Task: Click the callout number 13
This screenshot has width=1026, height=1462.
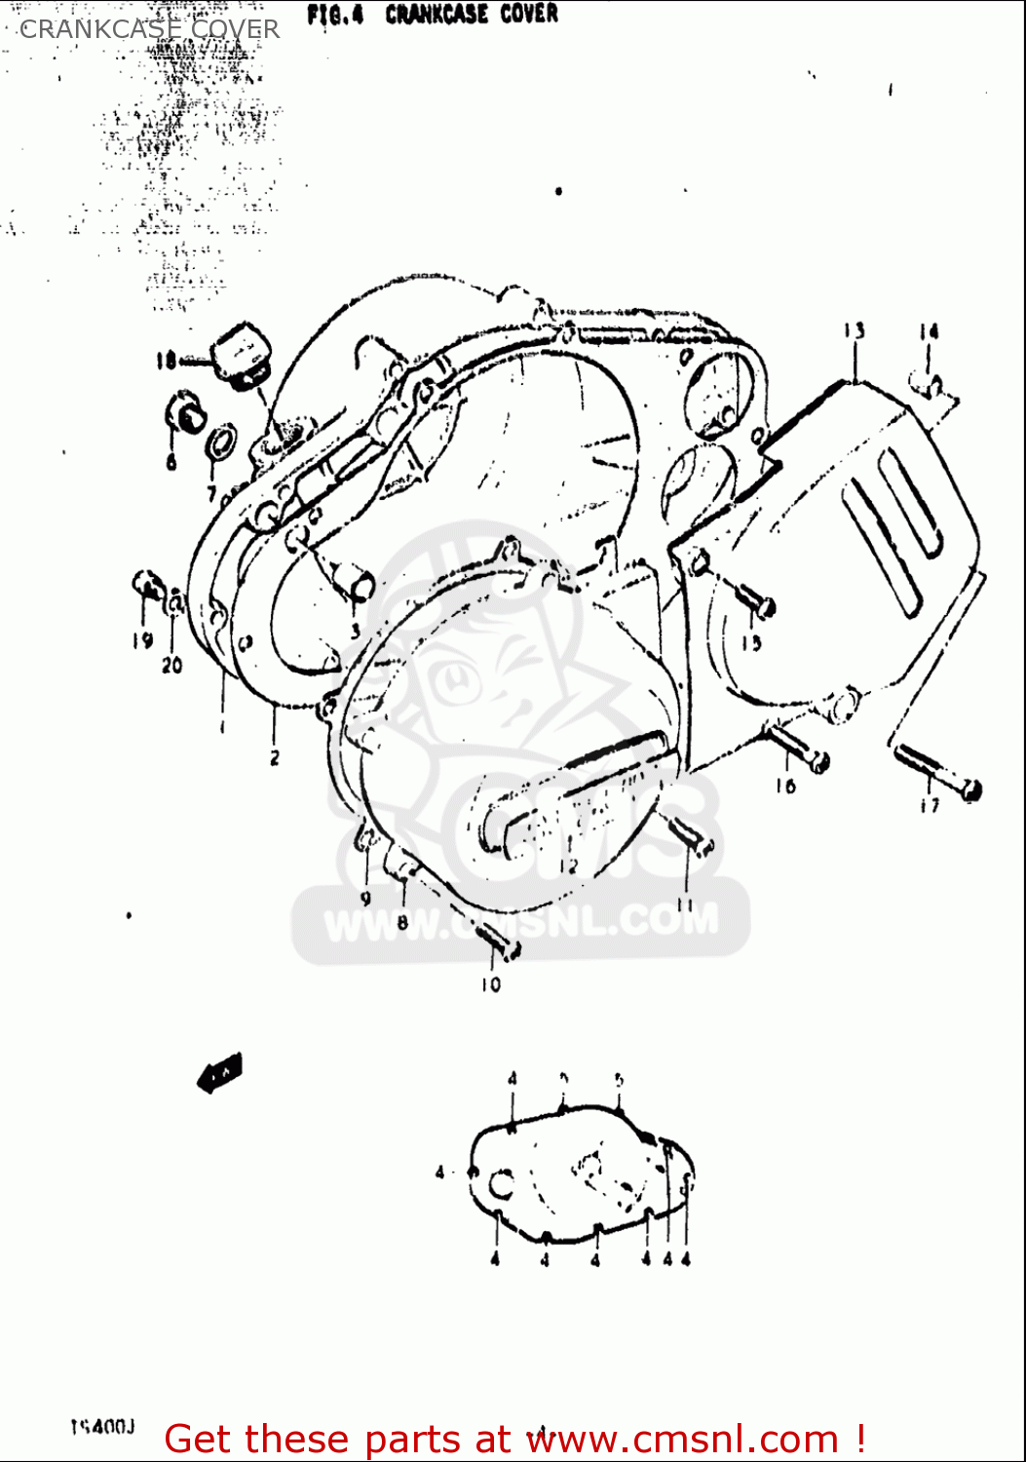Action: [855, 331]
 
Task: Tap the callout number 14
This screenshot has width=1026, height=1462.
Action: [929, 332]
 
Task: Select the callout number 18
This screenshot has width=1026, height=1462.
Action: [166, 362]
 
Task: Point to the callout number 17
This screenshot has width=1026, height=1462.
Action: [930, 805]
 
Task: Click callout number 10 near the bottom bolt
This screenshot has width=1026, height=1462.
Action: [490, 984]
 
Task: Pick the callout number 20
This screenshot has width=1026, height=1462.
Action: [171, 666]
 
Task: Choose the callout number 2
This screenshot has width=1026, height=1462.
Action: [275, 756]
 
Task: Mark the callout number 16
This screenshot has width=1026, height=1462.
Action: [785, 785]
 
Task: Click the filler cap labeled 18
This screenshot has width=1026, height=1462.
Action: [241, 355]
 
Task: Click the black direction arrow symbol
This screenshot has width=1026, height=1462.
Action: [220, 1072]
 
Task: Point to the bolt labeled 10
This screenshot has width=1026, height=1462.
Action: [496, 940]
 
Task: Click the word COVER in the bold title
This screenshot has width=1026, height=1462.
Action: [529, 15]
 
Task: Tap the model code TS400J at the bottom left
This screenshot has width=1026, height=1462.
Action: [101, 1428]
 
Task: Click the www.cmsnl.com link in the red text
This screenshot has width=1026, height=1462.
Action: [684, 1440]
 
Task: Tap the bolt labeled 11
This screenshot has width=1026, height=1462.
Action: [692, 835]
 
